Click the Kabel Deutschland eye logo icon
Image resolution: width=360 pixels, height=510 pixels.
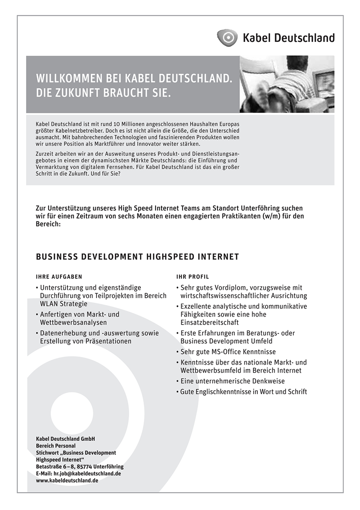click(227, 37)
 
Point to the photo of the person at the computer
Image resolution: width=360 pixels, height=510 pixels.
click(287, 84)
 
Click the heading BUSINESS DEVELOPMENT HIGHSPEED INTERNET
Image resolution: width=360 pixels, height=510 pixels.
click(137, 257)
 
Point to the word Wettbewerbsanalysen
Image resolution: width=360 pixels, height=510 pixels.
click(73, 323)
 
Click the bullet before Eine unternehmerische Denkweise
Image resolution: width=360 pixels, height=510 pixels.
click(177, 382)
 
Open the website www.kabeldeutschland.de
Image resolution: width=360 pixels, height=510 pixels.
click(67, 480)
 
